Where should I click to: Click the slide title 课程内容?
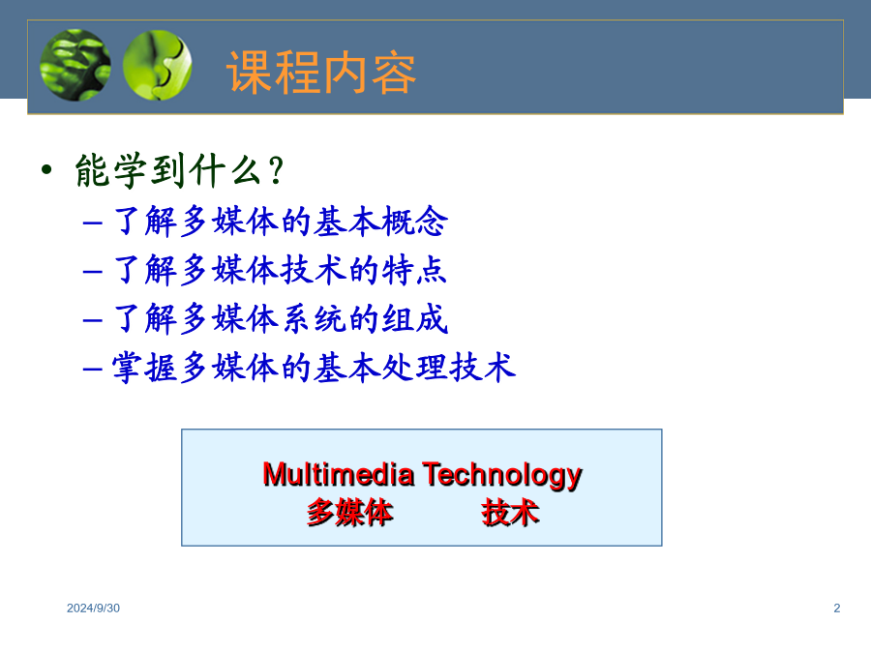click(x=321, y=73)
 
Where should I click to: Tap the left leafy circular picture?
click(x=75, y=65)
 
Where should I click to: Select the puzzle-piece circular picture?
click(x=157, y=65)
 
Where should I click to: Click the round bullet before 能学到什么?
click(x=46, y=169)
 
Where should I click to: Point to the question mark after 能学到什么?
click(x=276, y=170)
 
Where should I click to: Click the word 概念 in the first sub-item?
click(x=415, y=221)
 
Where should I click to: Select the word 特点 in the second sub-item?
click(x=415, y=270)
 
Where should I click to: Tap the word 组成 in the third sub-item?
click(x=415, y=318)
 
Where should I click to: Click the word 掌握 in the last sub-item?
click(x=144, y=368)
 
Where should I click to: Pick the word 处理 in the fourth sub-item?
click(x=414, y=368)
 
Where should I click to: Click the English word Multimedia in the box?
click(x=339, y=475)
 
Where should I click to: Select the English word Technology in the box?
click(x=502, y=476)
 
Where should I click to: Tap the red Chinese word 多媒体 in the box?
click(x=350, y=512)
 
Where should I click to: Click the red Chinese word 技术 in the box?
click(x=510, y=512)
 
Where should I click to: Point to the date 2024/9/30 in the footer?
click(x=93, y=608)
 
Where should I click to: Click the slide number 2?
click(x=836, y=608)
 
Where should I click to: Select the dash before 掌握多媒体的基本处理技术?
click(x=92, y=369)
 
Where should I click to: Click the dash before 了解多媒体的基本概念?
click(x=92, y=223)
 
